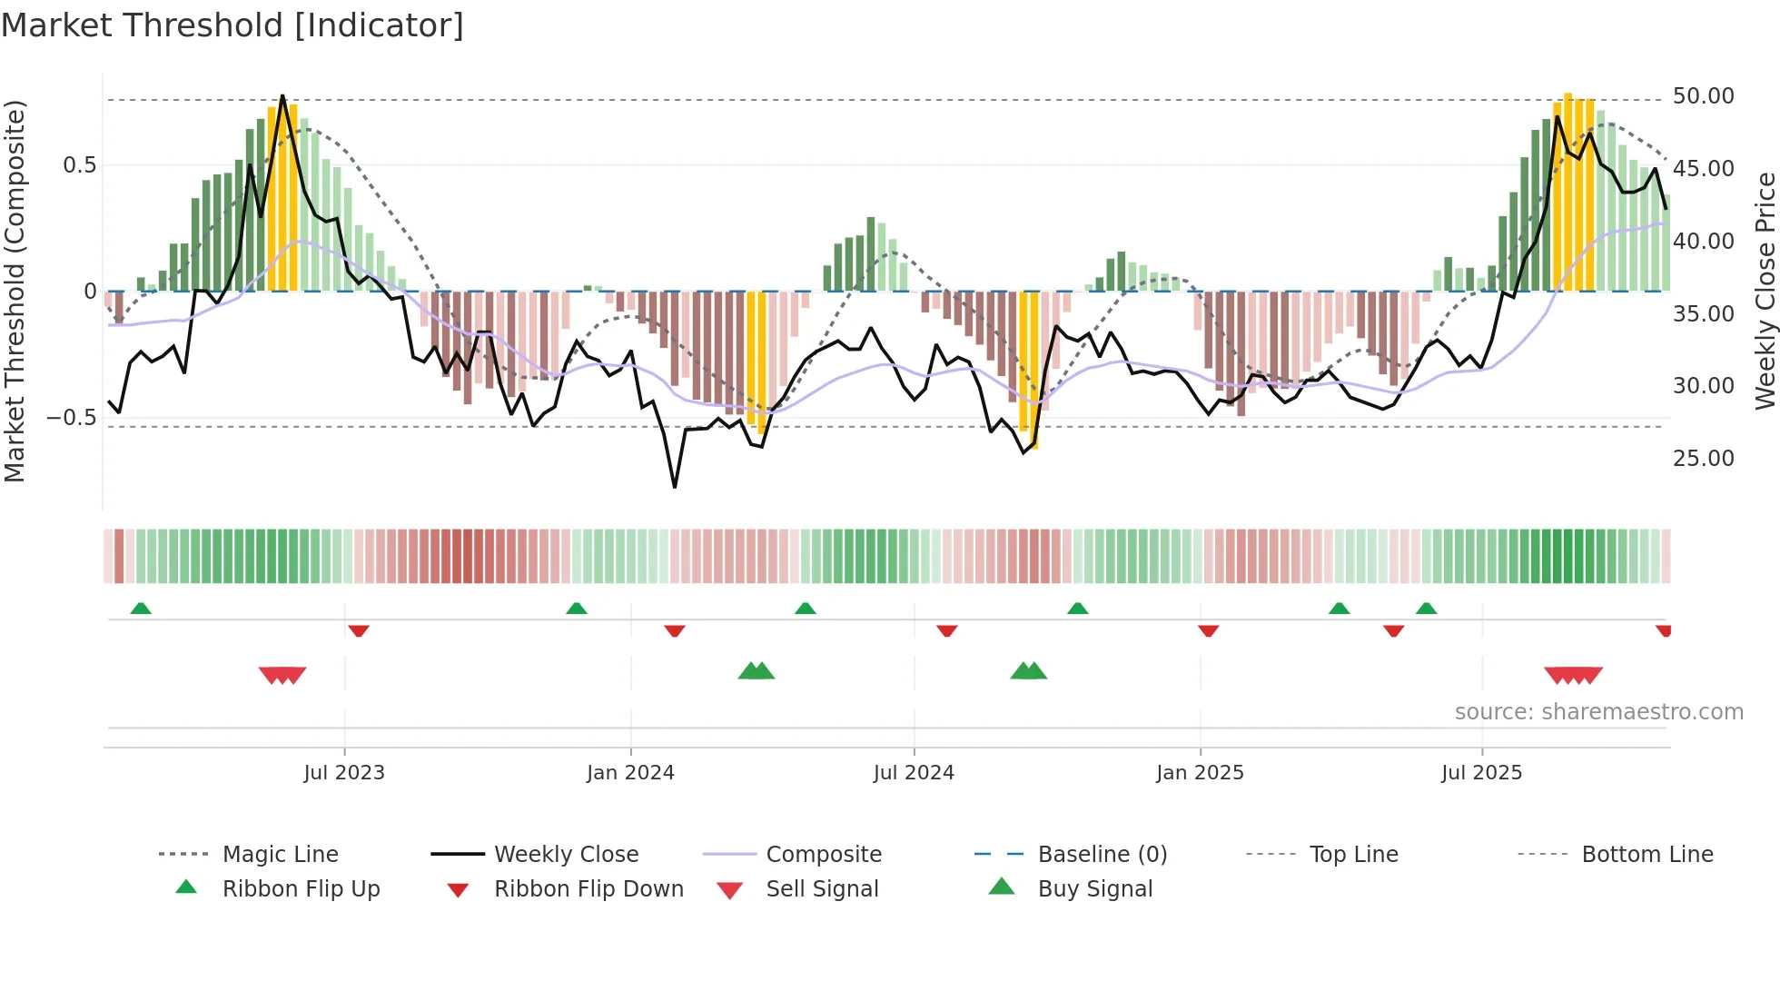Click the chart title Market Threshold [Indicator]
pos(232,25)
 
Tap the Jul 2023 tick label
pos(344,773)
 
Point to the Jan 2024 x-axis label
pos(630,773)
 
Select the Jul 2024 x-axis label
pos(914,773)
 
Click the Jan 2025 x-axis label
pos(1200,773)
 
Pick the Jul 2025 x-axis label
pos(1481,773)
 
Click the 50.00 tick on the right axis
pos(1703,96)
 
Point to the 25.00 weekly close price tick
pos(1703,459)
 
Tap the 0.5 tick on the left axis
pos(80,165)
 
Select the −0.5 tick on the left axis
pos(72,418)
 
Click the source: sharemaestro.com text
pos(1598,712)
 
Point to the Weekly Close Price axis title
pos(1765,291)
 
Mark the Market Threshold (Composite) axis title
pos(15,291)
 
